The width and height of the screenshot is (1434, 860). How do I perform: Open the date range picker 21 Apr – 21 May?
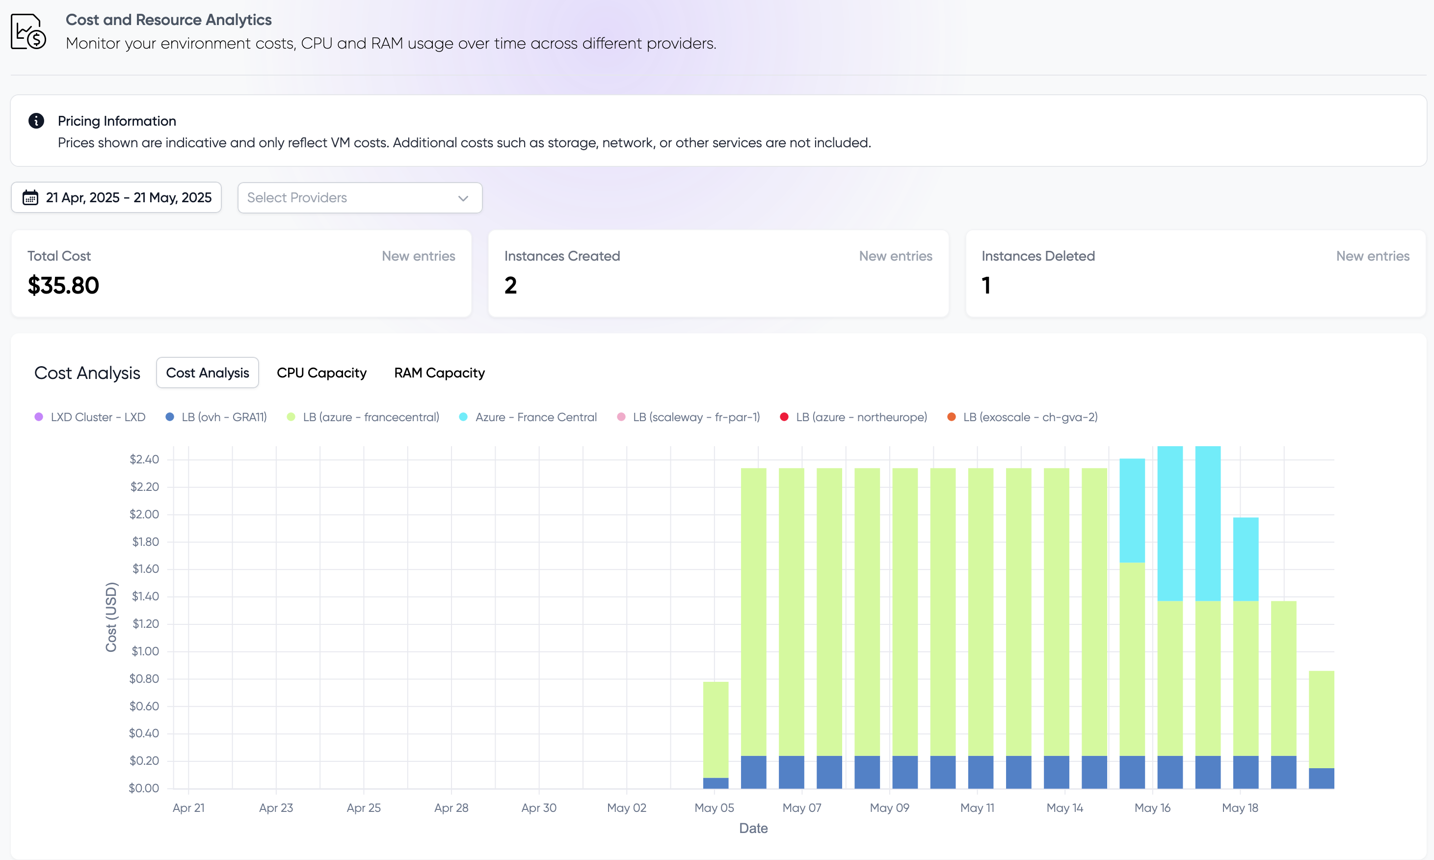click(x=116, y=198)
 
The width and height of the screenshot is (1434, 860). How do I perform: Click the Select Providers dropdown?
click(x=359, y=198)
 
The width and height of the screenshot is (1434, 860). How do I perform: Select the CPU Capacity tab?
click(x=321, y=373)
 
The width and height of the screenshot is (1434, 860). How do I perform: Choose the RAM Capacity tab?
click(x=439, y=373)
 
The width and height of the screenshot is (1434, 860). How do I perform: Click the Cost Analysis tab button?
click(x=208, y=373)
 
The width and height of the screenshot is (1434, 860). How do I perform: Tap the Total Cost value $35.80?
click(x=64, y=285)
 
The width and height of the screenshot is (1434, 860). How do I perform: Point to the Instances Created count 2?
click(x=510, y=285)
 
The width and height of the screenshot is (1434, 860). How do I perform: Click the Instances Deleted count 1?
click(x=986, y=285)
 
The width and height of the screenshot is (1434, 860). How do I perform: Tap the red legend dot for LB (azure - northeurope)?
click(x=784, y=417)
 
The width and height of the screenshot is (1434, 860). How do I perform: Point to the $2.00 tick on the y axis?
click(x=144, y=514)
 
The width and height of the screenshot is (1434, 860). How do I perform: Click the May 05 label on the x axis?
click(x=714, y=808)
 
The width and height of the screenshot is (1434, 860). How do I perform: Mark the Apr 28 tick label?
click(x=451, y=808)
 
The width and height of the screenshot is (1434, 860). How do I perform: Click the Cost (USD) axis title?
click(x=110, y=617)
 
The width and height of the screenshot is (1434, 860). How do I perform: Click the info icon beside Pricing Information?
click(x=36, y=121)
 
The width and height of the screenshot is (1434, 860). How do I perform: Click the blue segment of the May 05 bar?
click(x=716, y=783)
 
